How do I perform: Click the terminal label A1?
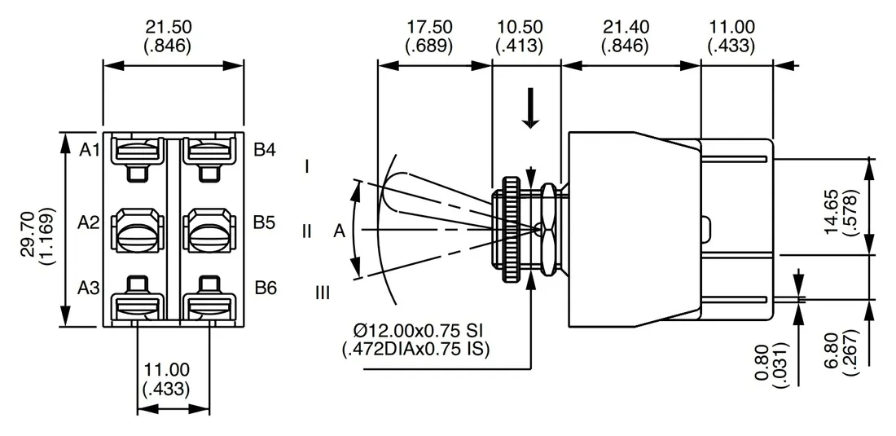click(89, 150)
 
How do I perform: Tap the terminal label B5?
click(265, 222)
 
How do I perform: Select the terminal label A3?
click(89, 288)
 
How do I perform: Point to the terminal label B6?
click(266, 288)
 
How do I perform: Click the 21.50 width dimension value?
click(169, 27)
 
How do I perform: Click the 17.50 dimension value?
click(429, 27)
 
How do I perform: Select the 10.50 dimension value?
click(520, 27)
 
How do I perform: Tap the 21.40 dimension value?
click(625, 27)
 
